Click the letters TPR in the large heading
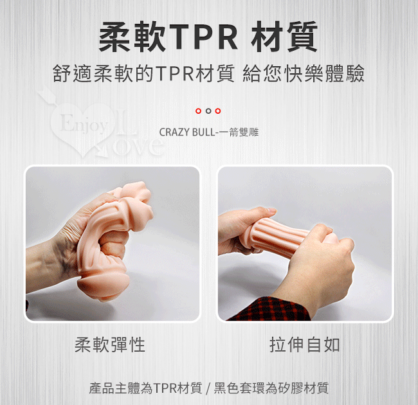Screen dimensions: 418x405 click(203, 37)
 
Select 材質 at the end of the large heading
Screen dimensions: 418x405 click(284, 37)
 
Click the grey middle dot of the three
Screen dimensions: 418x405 click(208, 111)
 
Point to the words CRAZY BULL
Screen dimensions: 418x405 click(186, 132)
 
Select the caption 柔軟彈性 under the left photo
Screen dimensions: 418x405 click(110, 345)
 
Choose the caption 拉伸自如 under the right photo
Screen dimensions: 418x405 click(305, 345)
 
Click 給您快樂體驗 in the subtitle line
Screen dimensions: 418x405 click(304, 73)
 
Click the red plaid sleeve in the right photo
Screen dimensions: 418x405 click(269, 309)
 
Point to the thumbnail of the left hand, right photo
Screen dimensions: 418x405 click(273, 210)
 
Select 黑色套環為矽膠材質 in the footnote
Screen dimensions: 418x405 click(271, 388)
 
